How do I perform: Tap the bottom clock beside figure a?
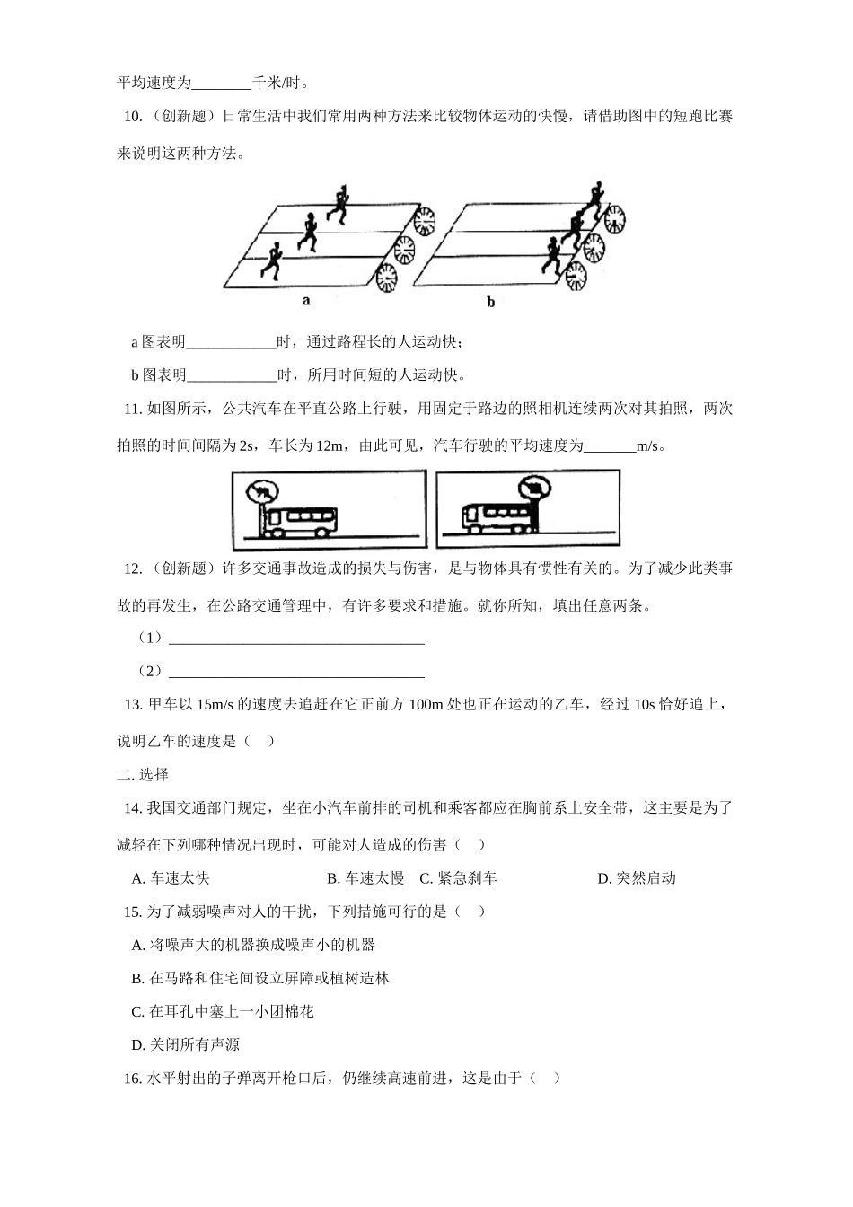387,278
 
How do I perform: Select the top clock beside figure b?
614,219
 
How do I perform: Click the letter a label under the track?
306,301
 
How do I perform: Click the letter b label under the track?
491,303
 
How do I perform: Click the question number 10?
131,117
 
